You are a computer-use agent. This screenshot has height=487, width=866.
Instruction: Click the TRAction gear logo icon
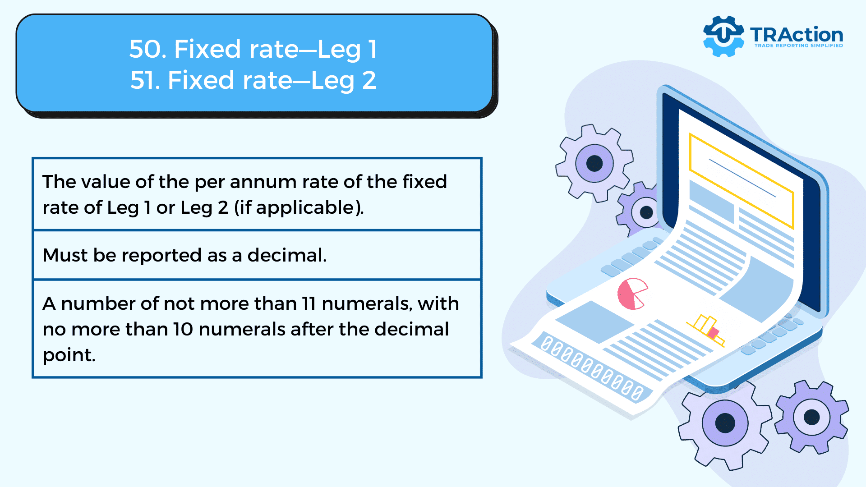(x=723, y=36)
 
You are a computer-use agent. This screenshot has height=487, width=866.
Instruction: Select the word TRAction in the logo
(x=797, y=34)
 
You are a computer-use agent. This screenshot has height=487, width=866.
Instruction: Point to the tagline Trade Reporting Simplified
(x=799, y=46)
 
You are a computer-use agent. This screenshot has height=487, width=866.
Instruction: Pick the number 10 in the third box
(x=183, y=329)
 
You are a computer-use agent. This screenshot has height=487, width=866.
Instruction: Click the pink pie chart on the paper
(x=632, y=294)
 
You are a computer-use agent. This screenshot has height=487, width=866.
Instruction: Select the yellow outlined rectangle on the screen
(x=742, y=180)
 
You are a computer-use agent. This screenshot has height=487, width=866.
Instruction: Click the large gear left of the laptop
(x=594, y=163)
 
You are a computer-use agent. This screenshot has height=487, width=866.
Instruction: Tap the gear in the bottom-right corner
(x=812, y=417)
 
